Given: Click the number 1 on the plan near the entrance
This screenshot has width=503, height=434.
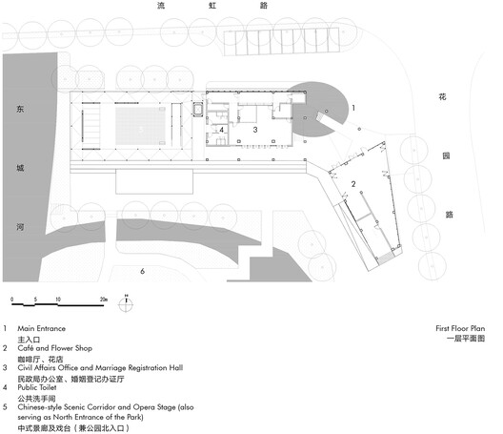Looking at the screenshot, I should tap(354, 110).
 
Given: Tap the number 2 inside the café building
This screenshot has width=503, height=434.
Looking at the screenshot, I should tap(352, 183).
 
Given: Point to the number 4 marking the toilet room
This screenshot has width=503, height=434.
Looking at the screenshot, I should tap(222, 130).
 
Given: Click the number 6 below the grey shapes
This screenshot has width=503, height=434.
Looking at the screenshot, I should tap(142, 272).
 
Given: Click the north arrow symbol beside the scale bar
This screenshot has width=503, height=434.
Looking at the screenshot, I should tap(127, 302).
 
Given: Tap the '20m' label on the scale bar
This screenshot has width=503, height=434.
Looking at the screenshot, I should tap(102, 300).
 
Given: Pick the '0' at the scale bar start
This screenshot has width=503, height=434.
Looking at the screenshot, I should tap(11, 300).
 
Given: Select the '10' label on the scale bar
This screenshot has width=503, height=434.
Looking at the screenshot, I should tap(58, 300).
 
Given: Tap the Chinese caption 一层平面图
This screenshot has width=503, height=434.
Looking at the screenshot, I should tap(467, 339).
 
